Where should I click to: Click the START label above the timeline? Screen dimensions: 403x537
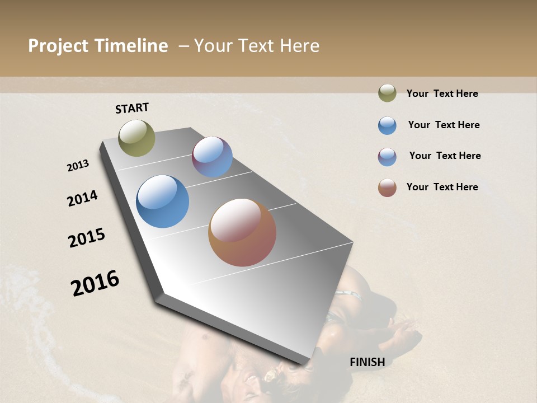coord(132,108)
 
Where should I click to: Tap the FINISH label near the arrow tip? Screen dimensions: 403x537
coord(367,362)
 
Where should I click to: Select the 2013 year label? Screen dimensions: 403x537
coord(78,166)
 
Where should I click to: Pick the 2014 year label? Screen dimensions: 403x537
coord(82,198)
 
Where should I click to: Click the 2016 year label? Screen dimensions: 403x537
coord(95,283)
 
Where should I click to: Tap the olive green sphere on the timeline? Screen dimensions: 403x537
coord(136,138)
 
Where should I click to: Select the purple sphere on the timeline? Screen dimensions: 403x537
coord(212,157)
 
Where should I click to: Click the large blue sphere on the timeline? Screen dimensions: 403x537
coord(163,201)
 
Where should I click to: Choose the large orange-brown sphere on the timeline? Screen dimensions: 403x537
coord(242,232)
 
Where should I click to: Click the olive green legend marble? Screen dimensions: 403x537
coord(387,93)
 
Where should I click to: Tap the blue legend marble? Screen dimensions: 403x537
coord(387,125)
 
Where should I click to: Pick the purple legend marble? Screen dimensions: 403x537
coord(387,157)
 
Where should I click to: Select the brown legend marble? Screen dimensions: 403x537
coord(387,188)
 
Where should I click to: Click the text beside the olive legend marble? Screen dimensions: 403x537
coord(442,93)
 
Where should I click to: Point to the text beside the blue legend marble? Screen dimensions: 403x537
coord(444,125)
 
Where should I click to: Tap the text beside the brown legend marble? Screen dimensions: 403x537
coord(442,187)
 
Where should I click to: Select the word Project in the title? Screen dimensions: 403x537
coord(58,46)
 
